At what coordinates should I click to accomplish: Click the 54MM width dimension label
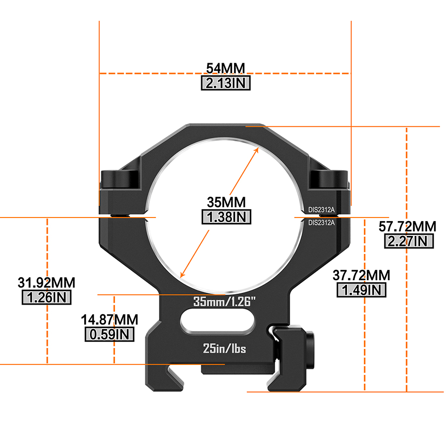click(x=225, y=68)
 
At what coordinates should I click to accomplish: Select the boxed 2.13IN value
click(x=225, y=83)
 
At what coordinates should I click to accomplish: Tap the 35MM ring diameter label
click(x=225, y=202)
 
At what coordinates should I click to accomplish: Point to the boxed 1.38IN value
click(x=225, y=217)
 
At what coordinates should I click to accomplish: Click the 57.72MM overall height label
click(x=407, y=226)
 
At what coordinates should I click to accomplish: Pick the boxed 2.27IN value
click(x=409, y=241)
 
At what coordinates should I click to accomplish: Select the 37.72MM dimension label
click(x=361, y=275)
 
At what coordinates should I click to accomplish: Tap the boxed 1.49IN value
click(x=361, y=290)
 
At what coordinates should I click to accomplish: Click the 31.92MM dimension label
click(x=47, y=283)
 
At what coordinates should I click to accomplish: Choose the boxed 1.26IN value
click(x=47, y=298)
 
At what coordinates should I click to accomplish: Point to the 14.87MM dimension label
click(x=110, y=319)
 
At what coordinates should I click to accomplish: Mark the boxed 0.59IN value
click(x=110, y=334)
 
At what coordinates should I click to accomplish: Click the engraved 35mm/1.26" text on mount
click(x=224, y=302)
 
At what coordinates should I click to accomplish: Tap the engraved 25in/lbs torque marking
click(x=224, y=348)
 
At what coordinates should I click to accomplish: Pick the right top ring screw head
click(x=329, y=179)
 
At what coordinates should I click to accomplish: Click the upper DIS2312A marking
click(x=322, y=210)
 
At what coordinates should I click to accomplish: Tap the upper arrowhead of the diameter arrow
click(x=258, y=149)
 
